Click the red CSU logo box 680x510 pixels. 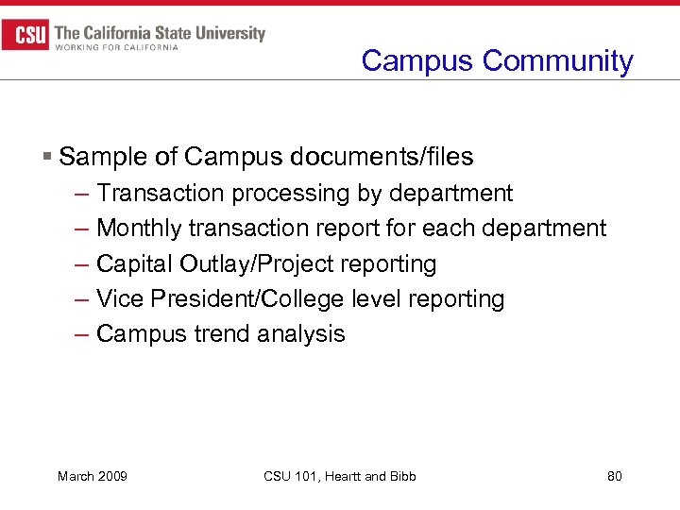tap(25, 37)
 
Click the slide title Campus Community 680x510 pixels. tap(497, 60)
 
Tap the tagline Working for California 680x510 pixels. tap(117, 47)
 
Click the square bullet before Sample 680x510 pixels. tap(48, 156)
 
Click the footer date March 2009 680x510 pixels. tap(93, 476)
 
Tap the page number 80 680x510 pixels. tap(614, 476)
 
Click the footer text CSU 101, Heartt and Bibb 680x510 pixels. tap(340, 476)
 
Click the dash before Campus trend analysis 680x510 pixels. tap(80, 333)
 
